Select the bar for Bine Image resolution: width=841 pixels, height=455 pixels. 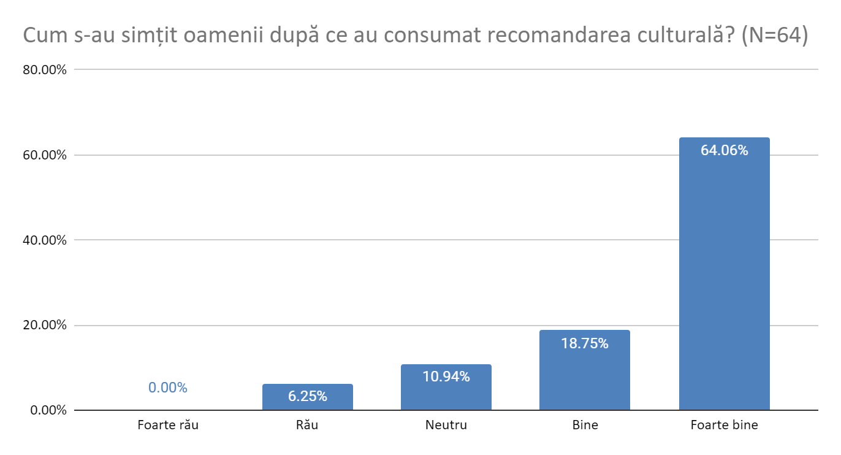coord(584,374)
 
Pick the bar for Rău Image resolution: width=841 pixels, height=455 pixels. coord(307,399)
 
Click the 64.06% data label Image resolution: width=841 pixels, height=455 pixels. coord(724,150)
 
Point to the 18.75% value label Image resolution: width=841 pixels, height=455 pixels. coord(584,343)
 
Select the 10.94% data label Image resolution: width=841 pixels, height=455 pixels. coord(446,377)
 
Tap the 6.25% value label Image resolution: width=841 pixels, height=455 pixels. coord(307,396)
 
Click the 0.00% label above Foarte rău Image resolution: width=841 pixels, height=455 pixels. coord(167,388)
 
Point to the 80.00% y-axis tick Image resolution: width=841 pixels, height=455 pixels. coord(45,70)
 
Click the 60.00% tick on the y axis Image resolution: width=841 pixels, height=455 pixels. coord(45,155)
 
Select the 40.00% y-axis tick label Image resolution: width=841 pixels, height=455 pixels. coord(45,240)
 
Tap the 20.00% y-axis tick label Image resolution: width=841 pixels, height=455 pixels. coord(45,325)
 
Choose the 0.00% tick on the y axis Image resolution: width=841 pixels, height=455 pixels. coord(47,410)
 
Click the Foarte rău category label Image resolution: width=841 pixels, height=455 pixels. coord(168,425)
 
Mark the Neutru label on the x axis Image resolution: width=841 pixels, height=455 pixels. coord(446,425)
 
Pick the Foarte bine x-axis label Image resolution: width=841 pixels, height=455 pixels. coord(724,425)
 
